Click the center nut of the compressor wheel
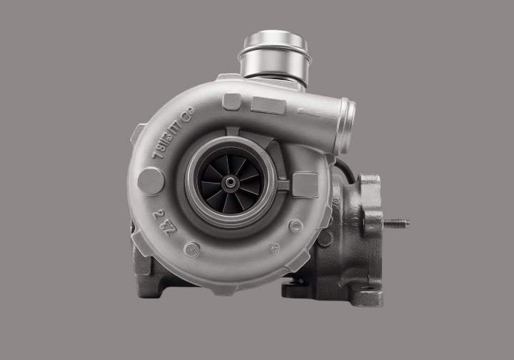point(231,183)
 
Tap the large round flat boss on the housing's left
point(151,181)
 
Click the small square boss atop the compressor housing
point(231,101)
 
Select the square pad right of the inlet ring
point(305,185)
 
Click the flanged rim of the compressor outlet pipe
point(346,126)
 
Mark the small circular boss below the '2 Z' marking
point(191,249)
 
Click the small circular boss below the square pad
point(296,226)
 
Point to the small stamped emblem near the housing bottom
point(273,247)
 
